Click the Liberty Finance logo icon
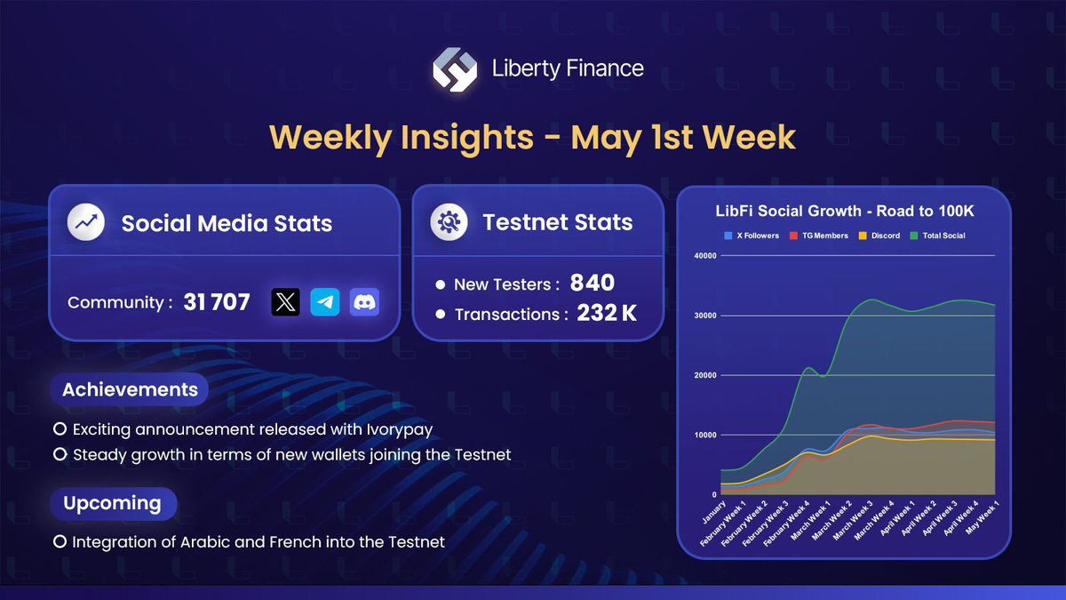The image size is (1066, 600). (456, 68)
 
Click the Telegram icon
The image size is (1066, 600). (325, 302)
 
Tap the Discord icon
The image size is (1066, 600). (364, 302)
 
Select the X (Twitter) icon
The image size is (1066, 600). (285, 302)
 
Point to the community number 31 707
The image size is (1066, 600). (217, 302)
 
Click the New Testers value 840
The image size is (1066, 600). (593, 284)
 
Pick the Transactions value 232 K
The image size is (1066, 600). (607, 314)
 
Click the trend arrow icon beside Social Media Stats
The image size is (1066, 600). (86, 222)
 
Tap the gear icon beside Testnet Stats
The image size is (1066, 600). (449, 222)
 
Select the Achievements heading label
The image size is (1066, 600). (130, 389)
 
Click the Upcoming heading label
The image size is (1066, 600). (112, 503)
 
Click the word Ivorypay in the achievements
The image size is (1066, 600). (397, 429)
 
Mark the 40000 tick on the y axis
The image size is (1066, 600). (704, 256)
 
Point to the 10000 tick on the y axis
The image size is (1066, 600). (704, 435)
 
